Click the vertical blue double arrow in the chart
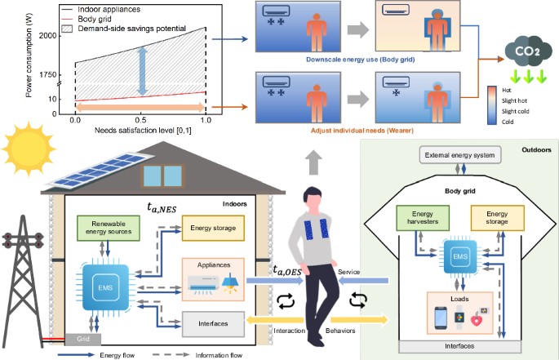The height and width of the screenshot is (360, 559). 141,70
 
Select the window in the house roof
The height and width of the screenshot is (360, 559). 164,175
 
